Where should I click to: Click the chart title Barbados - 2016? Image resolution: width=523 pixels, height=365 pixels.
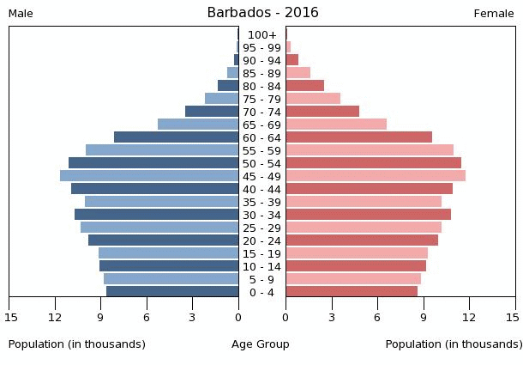262,13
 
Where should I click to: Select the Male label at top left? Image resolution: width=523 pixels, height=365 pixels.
21,14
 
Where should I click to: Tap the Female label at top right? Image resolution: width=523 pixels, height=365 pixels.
494,14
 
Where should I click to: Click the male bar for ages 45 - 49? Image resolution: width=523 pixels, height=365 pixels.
149,176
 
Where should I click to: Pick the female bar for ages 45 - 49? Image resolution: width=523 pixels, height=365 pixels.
376,176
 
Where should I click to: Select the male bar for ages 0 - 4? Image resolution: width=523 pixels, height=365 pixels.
172,292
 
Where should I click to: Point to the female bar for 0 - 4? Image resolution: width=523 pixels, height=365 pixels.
352,292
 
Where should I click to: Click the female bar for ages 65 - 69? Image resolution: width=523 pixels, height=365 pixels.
336,125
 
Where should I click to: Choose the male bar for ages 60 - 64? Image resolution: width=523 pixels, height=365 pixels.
176,137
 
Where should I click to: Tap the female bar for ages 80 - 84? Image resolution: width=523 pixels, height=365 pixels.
304,86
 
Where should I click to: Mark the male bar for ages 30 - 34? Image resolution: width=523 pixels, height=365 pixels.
156,215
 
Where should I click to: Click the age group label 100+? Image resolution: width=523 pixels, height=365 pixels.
261,34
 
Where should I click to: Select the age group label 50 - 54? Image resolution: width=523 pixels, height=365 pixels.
261,163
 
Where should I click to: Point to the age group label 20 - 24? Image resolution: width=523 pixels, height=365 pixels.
261,240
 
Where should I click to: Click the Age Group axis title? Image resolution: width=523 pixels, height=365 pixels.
261,344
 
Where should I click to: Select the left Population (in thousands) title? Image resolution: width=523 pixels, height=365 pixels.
77,344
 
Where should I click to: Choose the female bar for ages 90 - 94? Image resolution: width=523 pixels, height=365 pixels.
292,60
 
